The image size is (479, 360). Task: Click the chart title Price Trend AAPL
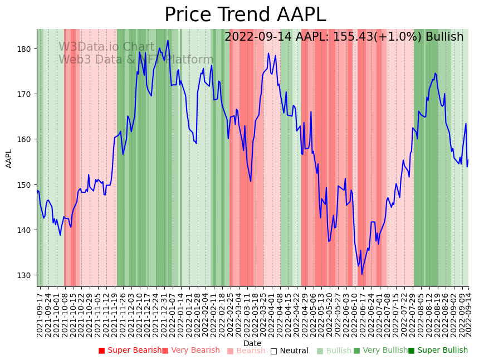point(245,15)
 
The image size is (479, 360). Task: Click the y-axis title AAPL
point(9,158)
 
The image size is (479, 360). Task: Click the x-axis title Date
point(252,343)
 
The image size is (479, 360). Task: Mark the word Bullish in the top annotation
point(444,37)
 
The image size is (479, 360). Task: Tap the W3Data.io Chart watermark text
point(106,47)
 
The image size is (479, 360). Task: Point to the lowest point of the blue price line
point(361,274)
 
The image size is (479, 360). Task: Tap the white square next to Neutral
point(273,351)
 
